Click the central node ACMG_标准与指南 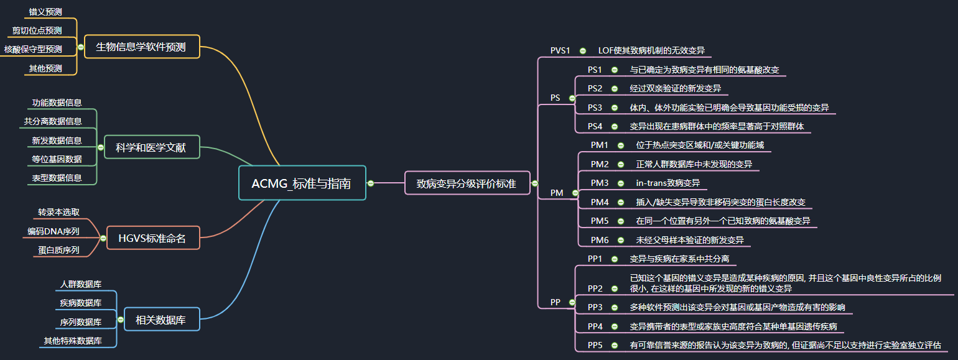(x=302, y=183)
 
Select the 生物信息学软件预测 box (x=141, y=47)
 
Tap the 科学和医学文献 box (x=151, y=147)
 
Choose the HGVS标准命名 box (x=152, y=238)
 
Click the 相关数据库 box (x=160, y=320)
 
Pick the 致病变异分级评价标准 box (x=466, y=183)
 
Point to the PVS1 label (x=560, y=50)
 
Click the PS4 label (x=595, y=126)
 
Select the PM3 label (x=599, y=183)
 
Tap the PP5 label (x=595, y=345)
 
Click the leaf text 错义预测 (x=45, y=11)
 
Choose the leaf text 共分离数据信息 (x=53, y=121)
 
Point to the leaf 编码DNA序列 (x=53, y=231)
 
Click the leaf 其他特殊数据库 (x=73, y=341)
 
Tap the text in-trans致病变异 (x=667, y=183)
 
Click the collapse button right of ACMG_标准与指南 (x=371, y=183)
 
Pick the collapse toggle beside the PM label (x=575, y=193)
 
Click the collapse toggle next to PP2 (x=614, y=288)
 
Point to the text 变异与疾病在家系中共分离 (x=679, y=259)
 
